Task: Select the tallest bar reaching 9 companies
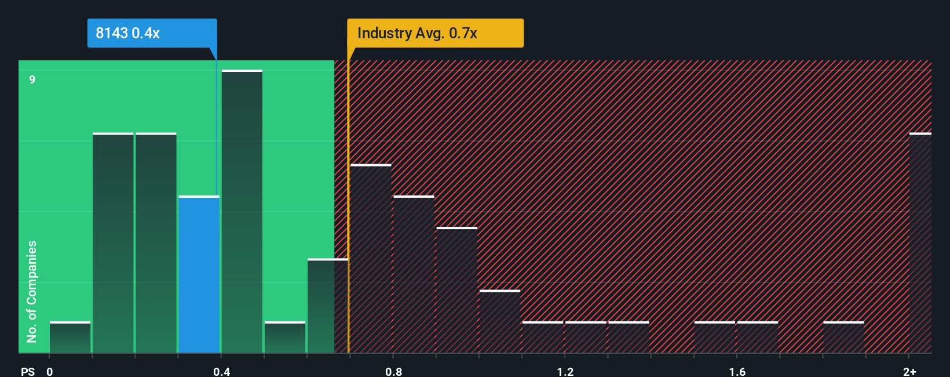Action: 242,212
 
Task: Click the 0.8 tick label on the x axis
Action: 393,371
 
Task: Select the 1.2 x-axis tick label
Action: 565,371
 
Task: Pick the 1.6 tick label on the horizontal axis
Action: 737,371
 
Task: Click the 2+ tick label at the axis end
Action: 909,371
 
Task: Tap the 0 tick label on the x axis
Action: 50,371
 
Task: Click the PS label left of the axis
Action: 28,371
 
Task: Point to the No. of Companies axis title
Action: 32,291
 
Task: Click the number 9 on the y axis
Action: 32,79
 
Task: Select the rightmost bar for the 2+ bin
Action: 920,243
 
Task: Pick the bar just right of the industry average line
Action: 371,259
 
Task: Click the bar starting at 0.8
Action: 414,274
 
